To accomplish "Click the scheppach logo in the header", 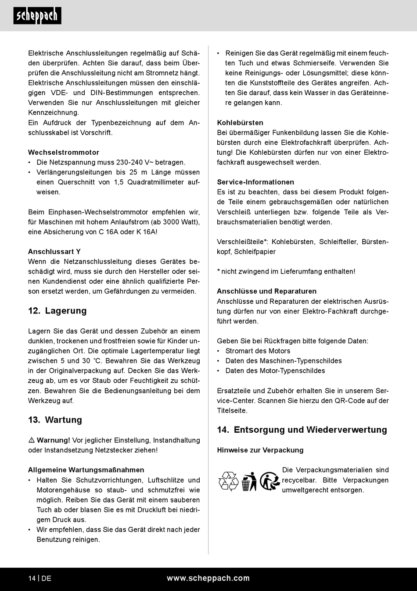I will [x=37, y=16].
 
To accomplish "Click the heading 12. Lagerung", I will [x=57, y=311].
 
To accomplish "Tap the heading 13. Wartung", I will [x=55, y=420].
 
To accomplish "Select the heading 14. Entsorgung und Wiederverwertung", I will [x=302, y=430].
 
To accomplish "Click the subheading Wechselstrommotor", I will [x=64, y=153].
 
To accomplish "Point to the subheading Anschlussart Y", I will [x=54, y=252].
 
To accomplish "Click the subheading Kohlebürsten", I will [x=240, y=123].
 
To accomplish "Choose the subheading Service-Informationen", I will [x=255, y=182].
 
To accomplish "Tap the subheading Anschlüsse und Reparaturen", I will [x=266, y=291].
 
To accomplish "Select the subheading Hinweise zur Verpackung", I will [x=260, y=450].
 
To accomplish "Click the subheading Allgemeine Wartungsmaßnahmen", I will [x=86, y=470].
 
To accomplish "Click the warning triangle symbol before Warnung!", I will [x=32, y=440].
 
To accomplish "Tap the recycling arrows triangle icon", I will [x=228, y=481].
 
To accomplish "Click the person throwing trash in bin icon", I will [x=249, y=481].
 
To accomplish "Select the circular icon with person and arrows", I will [x=270, y=481].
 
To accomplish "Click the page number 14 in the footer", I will [x=32, y=578].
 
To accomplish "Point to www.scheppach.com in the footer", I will [x=208, y=578].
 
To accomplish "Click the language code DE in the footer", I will [x=47, y=578].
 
